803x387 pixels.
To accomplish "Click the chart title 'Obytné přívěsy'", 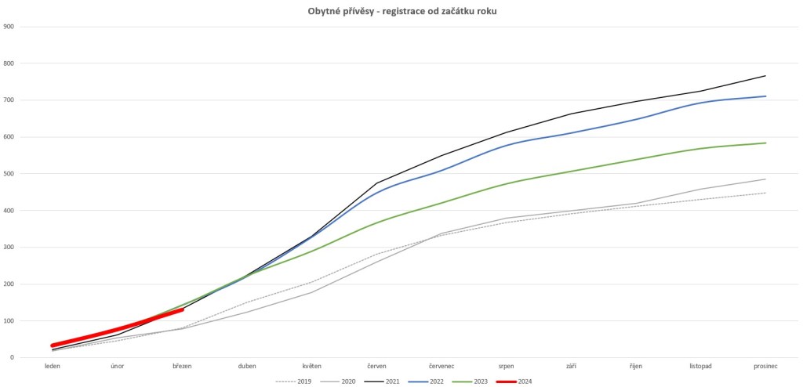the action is (x=339, y=11).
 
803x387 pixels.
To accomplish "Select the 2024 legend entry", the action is (x=515, y=382).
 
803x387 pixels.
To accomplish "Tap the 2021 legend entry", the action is (x=382, y=382).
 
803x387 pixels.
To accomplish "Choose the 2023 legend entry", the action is (x=471, y=382).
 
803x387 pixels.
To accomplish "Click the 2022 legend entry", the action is (x=426, y=382).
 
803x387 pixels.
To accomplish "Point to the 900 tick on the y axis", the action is (x=9, y=27).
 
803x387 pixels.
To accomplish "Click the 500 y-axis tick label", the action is (x=9, y=174).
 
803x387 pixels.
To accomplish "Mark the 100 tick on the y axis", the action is (x=9, y=321).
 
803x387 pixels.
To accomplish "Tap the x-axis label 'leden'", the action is (x=53, y=366).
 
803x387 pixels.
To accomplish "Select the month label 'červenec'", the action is (x=441, y=366).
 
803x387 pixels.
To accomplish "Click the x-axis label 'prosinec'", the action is (x=765, y=366).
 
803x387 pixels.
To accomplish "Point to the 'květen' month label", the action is (x=312, y=366).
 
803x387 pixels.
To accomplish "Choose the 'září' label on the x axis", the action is (x=571, y=366).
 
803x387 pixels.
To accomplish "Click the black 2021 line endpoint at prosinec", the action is (x=765, y=76).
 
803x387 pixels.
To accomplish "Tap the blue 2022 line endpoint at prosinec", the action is (x=765, y=96).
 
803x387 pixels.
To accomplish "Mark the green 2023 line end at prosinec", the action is (x=765, y=143).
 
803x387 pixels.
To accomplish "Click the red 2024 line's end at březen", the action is (x=182, y=309).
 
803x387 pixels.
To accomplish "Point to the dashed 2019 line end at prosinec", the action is (x=765, y=193).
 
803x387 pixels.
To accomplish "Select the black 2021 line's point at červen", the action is (x=377, y=183).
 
